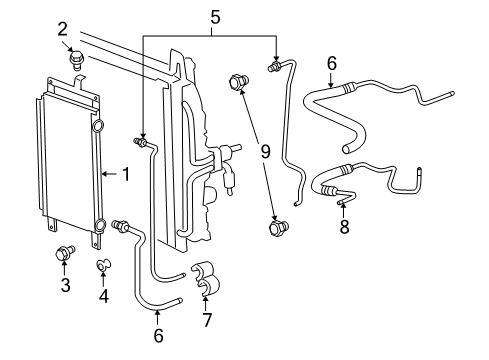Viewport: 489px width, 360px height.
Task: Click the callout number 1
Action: click(125, 175)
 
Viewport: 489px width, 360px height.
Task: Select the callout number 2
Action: click(63, 29)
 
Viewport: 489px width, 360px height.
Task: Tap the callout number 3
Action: click(65, 286)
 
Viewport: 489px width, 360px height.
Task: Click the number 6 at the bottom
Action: click(158, 336)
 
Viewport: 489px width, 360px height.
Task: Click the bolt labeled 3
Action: click(65, 253)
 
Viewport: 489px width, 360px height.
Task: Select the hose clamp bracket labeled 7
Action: click(206, 279)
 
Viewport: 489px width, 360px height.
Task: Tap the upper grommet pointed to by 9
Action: click(239, 81)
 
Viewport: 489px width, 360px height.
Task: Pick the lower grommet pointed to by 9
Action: click(278, 229)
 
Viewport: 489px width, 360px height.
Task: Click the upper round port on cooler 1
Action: click(96, 127)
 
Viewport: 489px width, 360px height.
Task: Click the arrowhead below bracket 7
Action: click(207, 300)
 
